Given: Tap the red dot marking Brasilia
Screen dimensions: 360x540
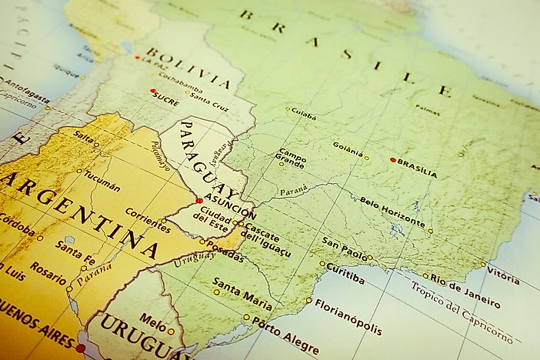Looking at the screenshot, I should pyautogui.click(x=393, y=160).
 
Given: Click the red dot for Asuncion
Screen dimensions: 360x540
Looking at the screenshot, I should pyautogui.click(x=199, y=200).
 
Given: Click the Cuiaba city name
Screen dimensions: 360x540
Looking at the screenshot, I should pyautogui.click(x=305, y=115).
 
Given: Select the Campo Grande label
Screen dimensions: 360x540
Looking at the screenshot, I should pyautogui.click(x=292, y=158).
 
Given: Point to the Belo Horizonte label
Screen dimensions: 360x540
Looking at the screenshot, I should pyautogui.click(x=392, y=212).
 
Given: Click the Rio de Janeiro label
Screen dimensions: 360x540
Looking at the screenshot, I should pyautogui.click(x=465, y=291).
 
